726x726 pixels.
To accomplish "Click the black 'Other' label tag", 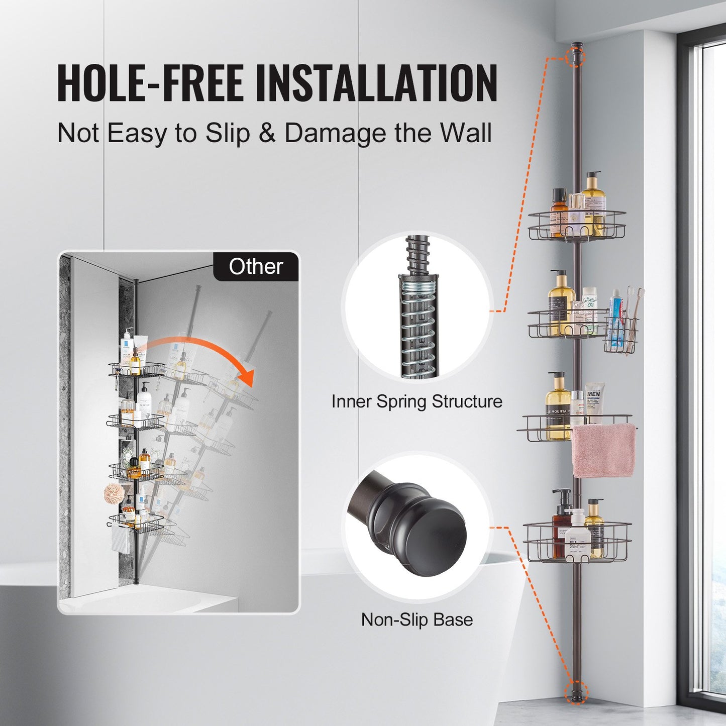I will coord(256,267).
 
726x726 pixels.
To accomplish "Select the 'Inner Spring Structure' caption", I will coord(417,401).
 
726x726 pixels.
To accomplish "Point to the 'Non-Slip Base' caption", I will coord(417,619).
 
